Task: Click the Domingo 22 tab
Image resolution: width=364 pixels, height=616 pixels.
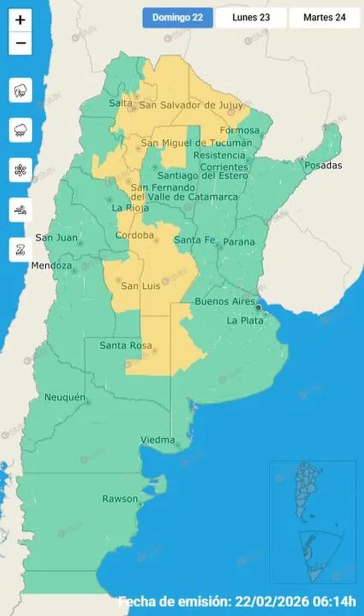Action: tap(178, 17)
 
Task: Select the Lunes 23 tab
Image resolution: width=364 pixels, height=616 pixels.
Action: tap(251, 17)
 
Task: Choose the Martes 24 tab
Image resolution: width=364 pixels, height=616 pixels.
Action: tap(324, 17)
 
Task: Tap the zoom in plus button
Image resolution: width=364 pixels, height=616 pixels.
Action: tap(20, 20)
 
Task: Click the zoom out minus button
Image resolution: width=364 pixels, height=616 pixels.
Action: tap(20, 43)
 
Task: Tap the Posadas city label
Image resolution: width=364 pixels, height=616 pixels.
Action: tap(323, 165)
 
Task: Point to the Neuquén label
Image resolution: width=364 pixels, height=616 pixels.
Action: tap(64, 397)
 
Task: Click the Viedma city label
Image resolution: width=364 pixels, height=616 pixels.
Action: tap(158, 440)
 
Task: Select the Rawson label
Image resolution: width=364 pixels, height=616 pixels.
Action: tap(120, 498)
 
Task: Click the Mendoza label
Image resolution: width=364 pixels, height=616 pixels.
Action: tap(51, 266)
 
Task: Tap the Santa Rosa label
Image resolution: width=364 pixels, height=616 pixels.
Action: tap(126, 345)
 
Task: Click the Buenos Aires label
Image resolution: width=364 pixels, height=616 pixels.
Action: tap(224, 301)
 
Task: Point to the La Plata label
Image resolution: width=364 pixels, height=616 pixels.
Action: tap(245, 321)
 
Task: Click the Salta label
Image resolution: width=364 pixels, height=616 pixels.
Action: tap(121, 103)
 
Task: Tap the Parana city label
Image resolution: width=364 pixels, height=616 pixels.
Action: tap(238, 242)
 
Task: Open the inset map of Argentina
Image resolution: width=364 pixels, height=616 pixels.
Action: tap(313, 522)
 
